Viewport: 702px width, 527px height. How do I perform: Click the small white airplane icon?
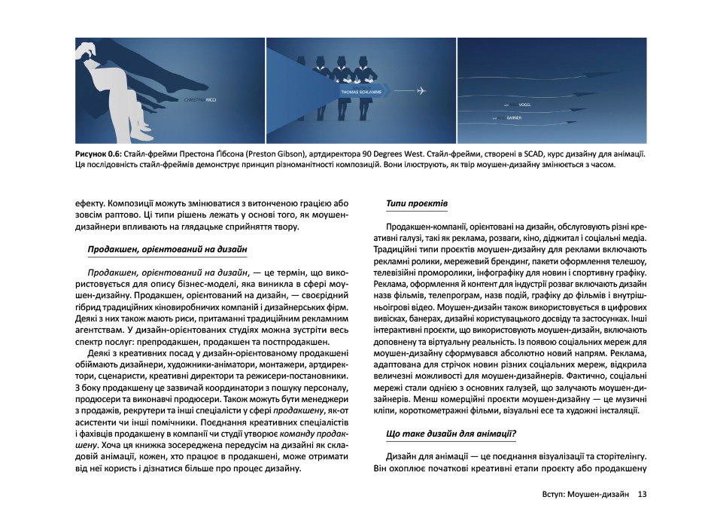421,91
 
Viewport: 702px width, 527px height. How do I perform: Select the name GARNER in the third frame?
514,118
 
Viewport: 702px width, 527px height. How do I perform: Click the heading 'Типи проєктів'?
416,203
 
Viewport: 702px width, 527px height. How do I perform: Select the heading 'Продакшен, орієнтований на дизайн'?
167,248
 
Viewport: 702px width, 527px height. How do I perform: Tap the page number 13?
642,495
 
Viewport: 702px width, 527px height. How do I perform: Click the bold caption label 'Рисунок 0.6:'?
99,153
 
